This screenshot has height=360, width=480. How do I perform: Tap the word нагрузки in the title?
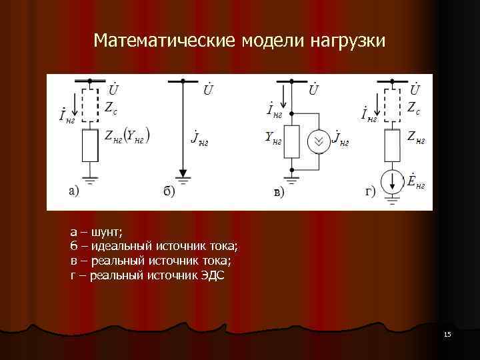point(347,42)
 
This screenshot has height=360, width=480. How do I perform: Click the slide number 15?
point(447,333)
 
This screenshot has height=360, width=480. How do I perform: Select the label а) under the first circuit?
point(73,191)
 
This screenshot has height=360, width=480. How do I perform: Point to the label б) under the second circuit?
point(169,192)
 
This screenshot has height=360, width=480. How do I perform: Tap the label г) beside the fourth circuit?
point(369,191)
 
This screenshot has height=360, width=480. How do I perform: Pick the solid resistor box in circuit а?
point(89,146)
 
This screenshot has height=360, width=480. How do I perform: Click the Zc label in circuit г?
point(413,108)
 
